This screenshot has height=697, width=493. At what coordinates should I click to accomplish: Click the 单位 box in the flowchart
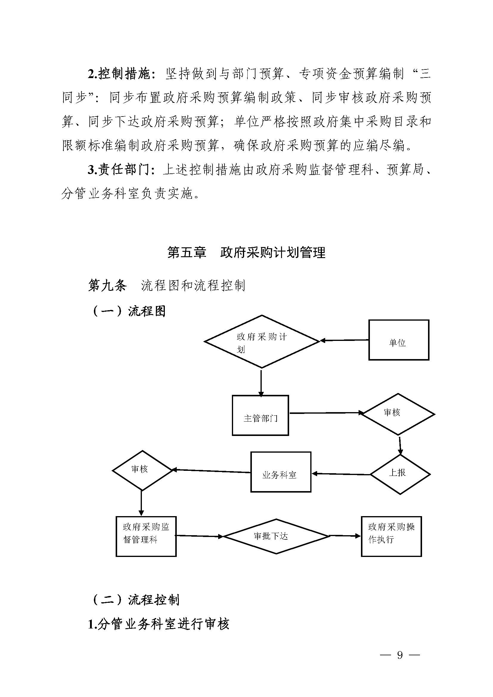tap(399, 340)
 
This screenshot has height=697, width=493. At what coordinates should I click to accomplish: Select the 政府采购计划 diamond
tap(262, 342)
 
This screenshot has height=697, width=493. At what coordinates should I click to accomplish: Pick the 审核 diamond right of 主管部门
tap(398, 414)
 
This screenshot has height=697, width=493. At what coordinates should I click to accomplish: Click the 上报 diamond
tap(400, 474)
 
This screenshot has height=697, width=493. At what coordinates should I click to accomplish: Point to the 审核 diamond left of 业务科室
tap(142, 470)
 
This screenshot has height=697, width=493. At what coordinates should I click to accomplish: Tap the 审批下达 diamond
tap(276, 536)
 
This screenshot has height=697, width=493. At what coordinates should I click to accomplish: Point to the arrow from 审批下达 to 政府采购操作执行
tap(345, 536)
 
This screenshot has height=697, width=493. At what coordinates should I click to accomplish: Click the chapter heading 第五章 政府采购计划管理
tap(246, 252)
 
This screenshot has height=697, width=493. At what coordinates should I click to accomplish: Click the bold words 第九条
tap(107, 285)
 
